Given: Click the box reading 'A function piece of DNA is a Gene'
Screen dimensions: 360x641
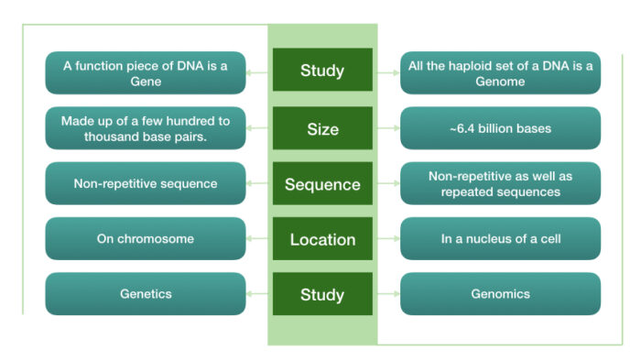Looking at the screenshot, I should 146,72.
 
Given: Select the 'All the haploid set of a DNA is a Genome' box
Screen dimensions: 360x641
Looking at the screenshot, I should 500,72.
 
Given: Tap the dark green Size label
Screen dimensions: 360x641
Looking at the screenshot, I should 322,128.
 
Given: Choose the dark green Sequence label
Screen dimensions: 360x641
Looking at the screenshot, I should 322,184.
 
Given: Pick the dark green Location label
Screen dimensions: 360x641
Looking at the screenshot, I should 322,239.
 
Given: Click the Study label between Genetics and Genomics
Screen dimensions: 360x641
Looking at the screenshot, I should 322,294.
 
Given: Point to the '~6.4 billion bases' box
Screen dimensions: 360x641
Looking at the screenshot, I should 500,128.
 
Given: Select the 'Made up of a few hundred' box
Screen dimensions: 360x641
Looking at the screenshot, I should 146,128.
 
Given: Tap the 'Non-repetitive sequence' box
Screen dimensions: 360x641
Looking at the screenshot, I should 146,183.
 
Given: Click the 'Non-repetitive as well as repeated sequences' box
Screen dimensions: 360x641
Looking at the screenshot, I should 500,183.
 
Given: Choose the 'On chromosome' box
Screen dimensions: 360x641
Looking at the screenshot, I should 146,239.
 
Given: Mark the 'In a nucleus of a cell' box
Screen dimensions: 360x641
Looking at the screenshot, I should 500,239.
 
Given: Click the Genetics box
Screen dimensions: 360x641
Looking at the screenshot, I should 146,294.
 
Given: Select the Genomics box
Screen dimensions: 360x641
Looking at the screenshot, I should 500,294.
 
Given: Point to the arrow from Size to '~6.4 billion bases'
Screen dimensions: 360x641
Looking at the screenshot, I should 387,128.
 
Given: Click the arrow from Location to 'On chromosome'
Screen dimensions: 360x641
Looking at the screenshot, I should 259,239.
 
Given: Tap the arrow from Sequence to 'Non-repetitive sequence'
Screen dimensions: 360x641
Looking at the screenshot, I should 259,184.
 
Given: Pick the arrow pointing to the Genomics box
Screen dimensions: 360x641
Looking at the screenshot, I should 387,294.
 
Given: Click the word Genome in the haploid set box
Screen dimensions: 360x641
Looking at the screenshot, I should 500,81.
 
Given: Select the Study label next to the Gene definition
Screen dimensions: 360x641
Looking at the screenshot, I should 322,71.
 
